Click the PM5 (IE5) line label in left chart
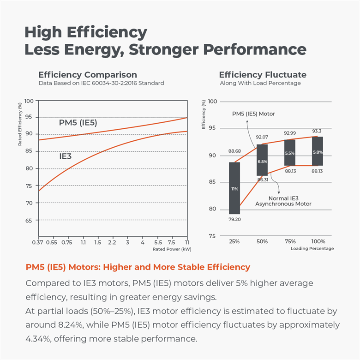tap(78, 123)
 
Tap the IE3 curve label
tap(65, 156)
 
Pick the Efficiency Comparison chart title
tap(88, 75)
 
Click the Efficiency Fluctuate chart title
tap(263, 75)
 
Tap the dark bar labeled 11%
tap(234, 188)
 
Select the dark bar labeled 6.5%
tap(262, 162)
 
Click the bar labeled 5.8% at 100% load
tap(317, 151)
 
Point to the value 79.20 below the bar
tap(234, 220)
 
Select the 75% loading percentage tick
tap(290, 241)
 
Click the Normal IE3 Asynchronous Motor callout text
tap(283, 200)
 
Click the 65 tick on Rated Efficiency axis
tap(30, 220)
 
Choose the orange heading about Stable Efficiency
tap(138, 267)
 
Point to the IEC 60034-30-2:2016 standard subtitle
tap(101, 83)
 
